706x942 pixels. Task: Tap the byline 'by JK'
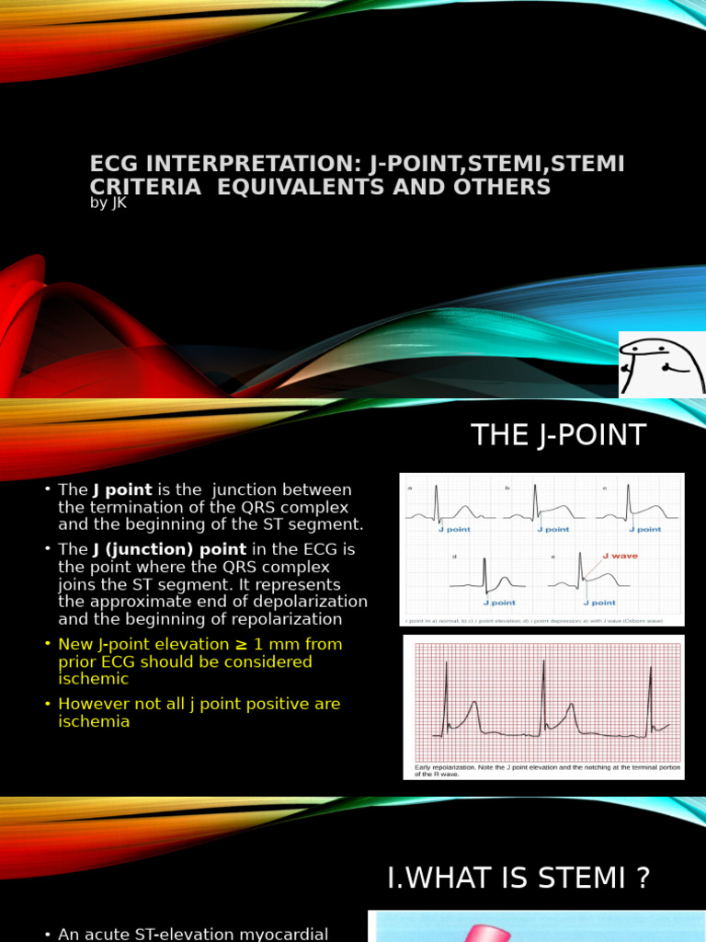point(108,203)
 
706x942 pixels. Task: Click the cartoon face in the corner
point(661,364)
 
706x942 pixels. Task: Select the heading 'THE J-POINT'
point(559,435)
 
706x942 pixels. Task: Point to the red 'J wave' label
point(619,556)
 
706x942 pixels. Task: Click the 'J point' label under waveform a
point(452,530)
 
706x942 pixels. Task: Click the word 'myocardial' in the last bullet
point(285,934)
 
